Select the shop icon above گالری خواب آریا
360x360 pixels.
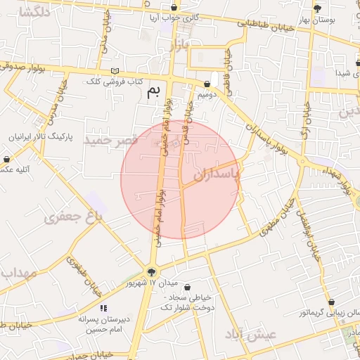pos(174,7)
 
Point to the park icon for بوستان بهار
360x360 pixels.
pos(319,8)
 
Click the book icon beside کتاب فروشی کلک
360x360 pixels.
pos(115,72)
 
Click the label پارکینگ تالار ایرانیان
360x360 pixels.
pos(42,136)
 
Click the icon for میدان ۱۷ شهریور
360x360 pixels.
pos(151,272)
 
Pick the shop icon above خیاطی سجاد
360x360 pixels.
pos(186,287)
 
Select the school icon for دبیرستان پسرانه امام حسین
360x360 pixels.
pos(103,308)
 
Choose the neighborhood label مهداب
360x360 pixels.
pos(19,272)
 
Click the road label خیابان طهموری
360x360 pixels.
pos(84,274)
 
